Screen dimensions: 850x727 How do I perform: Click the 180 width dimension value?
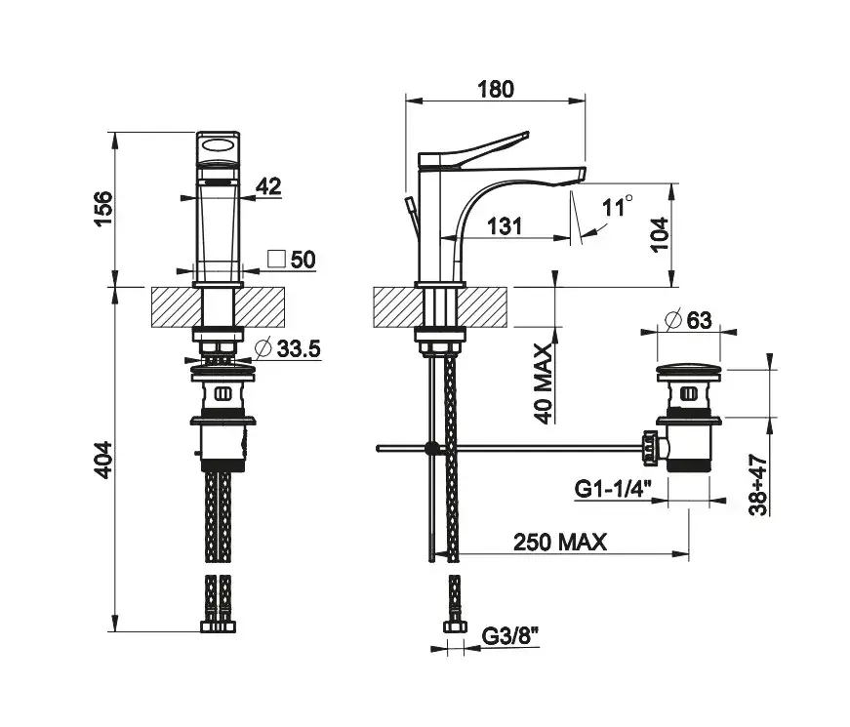pos(496,89)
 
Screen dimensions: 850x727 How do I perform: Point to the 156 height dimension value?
pos(103,209)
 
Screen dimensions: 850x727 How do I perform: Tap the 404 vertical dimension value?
pos(103,460)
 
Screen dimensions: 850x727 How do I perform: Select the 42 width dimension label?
pos(268,186)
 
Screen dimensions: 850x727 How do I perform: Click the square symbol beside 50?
pos(277,259)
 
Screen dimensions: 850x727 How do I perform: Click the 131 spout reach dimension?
pos(505,226)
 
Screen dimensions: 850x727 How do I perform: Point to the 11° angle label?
pos(617,206)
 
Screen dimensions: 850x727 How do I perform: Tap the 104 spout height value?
pos(659,234)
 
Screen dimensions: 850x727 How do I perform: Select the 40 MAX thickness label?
pos(544,383)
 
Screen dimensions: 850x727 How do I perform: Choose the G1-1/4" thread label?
pos(613,489)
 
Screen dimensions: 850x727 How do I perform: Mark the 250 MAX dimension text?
pos(560,542)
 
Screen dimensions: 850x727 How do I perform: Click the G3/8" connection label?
pos(510,635)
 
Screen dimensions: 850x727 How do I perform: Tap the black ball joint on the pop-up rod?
pos(432,448)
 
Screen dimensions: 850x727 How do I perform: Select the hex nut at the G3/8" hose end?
pos(455,627)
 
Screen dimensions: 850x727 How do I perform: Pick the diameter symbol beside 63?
pos(672,319)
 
